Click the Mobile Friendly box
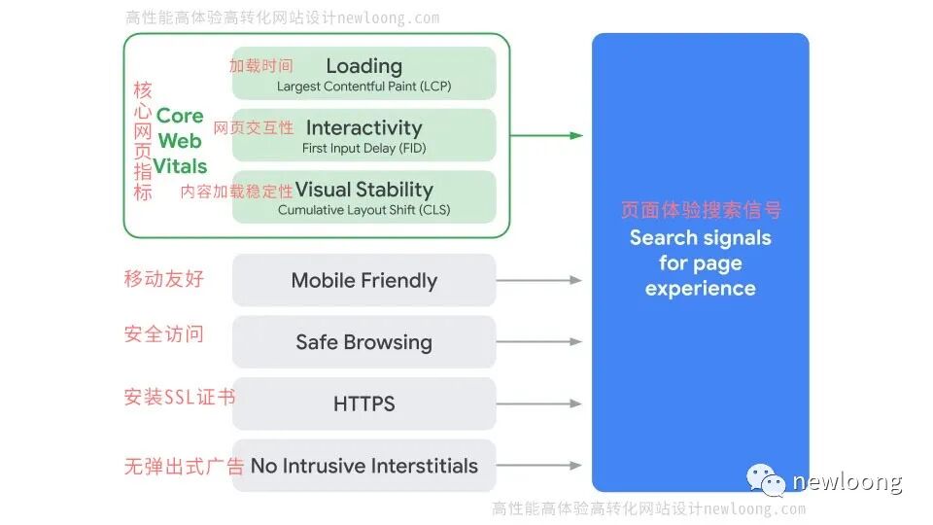point(364,281)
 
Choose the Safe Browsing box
point(364,342)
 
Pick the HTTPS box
point(364,403)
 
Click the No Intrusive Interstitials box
point(364,466)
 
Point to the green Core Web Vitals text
point(180,141)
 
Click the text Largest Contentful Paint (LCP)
point(364,87)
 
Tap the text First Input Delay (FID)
point(364,149)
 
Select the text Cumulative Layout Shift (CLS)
point(364,210)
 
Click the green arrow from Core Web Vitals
point(546,135)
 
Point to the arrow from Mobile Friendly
point(539,280)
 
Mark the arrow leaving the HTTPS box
point(539,403)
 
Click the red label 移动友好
point(164,279)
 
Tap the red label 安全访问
point(164,334)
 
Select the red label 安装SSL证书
point(179,397)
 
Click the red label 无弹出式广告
point(184,466)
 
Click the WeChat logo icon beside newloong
point(767,479)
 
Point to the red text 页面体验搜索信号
point(700,210)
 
